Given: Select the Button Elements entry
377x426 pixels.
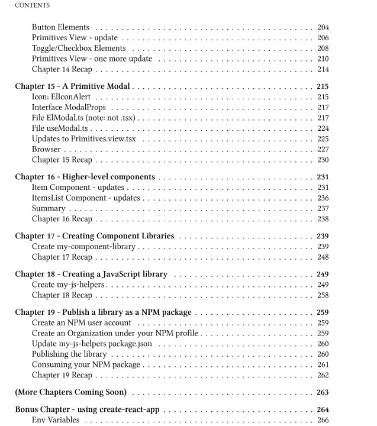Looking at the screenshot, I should (x=60, y=27).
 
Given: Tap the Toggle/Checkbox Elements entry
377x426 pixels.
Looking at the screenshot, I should (x=79, y=49).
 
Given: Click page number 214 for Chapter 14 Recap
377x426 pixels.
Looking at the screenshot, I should (x=323, y=70).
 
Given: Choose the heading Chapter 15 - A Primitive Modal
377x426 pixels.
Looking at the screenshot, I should (x=73, y=86).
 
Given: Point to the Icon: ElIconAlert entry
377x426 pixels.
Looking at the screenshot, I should (x=62, y=97).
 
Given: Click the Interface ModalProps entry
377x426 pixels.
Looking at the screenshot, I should (x=69, y=108).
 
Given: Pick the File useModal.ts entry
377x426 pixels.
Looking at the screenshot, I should (x=60, y=128).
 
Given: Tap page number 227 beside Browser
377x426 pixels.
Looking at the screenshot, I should (x=323, y=150).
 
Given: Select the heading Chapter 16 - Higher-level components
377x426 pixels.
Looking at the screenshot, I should (x=85, y=177).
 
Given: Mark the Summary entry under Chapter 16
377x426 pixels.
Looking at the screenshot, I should (x=49, y=209).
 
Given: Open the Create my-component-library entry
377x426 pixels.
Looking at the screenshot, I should (x=83, y=247).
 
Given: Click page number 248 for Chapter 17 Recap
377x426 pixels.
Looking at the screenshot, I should (x=323, y=257).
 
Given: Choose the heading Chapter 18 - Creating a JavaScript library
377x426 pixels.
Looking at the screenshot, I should (x=91, y=274).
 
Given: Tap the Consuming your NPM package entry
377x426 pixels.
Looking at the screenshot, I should (x=86, y=365).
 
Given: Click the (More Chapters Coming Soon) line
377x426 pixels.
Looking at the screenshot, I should (x=70, y=392).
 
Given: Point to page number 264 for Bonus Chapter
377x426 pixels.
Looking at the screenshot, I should (x=323, y=409).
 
